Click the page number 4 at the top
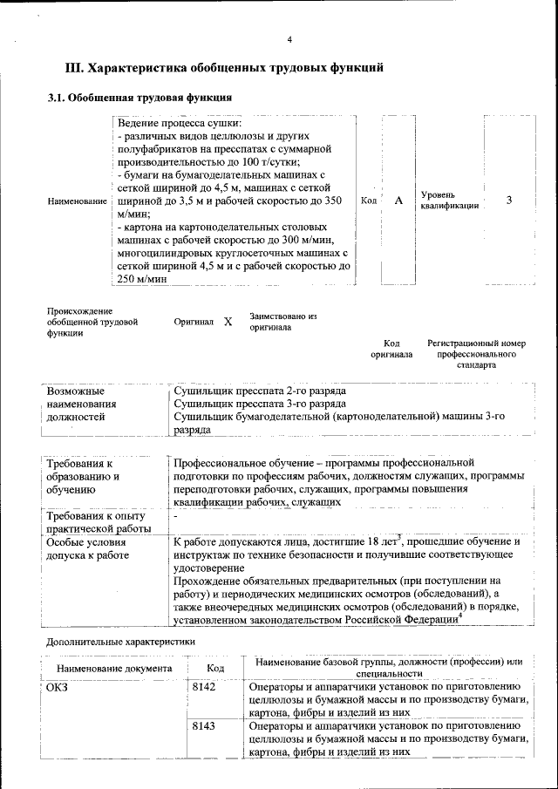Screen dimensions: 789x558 pyautogui.click(x=289, y=39)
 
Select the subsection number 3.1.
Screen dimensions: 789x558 pyautogui.click(x=57, y=98)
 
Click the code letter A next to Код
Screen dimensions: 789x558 pyautogui.click(x=398, y=201)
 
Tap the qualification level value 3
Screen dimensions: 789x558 pyautogui.click(x=508, y=201)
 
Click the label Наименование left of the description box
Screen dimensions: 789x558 pyautogui.click(x=78, y=201)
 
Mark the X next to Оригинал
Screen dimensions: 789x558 pyautogui.click(x=228, y=322)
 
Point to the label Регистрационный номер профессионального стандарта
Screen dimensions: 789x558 pyautogui.click(x=476, y=355)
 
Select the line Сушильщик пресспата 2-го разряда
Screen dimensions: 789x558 pyautogui.click(x=259, y=391)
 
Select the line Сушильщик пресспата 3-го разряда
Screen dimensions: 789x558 pyautogui.click(x=259, y=404)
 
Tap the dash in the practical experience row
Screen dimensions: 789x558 pyautogui.click(x=176, y=517)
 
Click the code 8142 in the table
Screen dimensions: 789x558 pyautogui.click(x=203, y=688)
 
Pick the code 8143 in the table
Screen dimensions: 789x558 pyautogui.click(x=203, y=725)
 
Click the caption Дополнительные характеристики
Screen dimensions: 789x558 pyautogui.click(x=119, y=642)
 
